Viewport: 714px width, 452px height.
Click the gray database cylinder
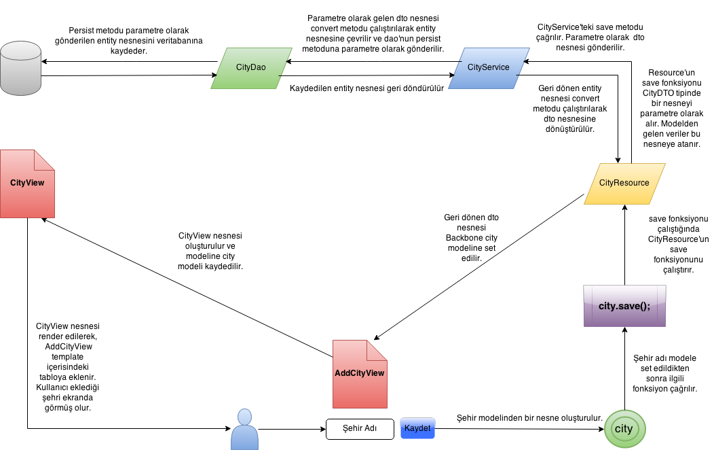pos(20,71)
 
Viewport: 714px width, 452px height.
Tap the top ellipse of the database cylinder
pos(20,50)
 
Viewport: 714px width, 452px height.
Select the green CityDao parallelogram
pos(251,68)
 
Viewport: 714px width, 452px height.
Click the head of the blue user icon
pos(244,416)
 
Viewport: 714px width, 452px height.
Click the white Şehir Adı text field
pos(360,429)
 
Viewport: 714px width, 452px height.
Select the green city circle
pos(624,429)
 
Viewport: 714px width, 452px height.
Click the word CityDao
pos(250,67)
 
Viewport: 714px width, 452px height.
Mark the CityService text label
pos(488,67)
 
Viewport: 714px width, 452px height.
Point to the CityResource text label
pos(624,183)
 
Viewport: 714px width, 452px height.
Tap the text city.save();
pos(624,306)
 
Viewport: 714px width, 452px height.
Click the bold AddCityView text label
pos(359,373)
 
